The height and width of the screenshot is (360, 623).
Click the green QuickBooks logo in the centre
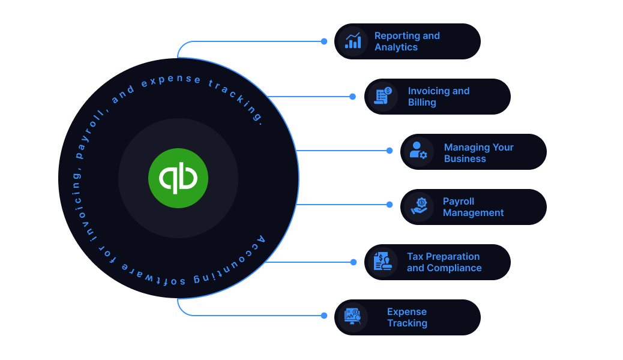pyautogui.click(x=178, y=178)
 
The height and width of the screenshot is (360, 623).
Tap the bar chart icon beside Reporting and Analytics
pyautogui.click(x=353, y=41)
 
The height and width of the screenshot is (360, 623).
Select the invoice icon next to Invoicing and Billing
pyautogui.click(x=383, y=96)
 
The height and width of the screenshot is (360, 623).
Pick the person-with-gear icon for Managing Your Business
pyautogui.click(x=418, y=151)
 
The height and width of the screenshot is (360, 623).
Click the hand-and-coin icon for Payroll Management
pyautogui.click(x=419, y=206)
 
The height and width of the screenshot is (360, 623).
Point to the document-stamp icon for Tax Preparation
pyautogui.click(x=382, y=261)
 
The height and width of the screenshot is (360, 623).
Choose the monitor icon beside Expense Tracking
pyautogui.click(x=353, y=316)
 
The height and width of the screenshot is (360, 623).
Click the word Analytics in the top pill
pyautogui.click(x=396, y=47)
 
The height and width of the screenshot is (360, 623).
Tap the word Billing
pyautogui.click(x=422, y=103)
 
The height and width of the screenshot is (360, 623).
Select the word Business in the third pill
pyautogui.click(x=465, y=158)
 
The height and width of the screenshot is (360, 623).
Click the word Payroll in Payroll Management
pyautogui.click(x=459, y=202)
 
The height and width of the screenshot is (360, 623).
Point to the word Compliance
pyautogui.click(x=454, y=268)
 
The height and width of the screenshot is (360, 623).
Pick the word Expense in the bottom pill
pyautogui.click(x=407, y=312)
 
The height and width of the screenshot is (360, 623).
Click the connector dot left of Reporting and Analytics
pyautogui.click(x=324, y=41)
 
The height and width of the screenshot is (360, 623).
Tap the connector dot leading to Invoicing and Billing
pyautogui.click(x=352, y=97)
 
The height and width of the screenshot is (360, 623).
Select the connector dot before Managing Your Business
pyautogui.click(x=390, y=151)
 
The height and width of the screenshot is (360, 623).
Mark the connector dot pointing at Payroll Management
pyautogui.click(x=390, y=205)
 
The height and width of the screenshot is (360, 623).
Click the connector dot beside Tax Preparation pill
pyautogui.click(x=354, y=262)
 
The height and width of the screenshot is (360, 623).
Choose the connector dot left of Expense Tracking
pyautogui.click(x=324, y=316)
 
